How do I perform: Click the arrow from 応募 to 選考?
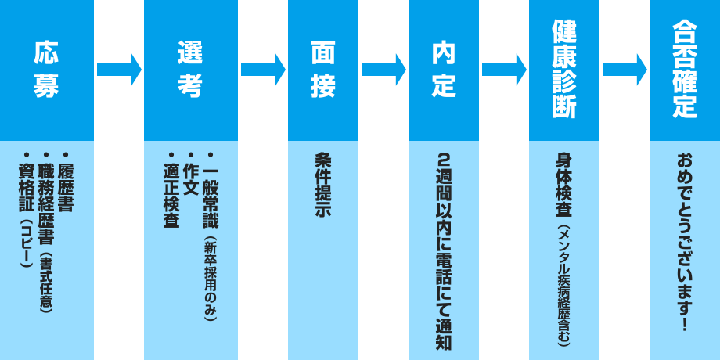tap(119, 70)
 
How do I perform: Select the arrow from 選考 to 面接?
tap(263, 70)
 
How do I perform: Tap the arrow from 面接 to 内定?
tap(383, 70)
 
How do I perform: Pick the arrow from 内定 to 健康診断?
tap(504, 70)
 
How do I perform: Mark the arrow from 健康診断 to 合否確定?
tap(625, 70)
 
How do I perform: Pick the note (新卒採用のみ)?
tap(210, 278)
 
